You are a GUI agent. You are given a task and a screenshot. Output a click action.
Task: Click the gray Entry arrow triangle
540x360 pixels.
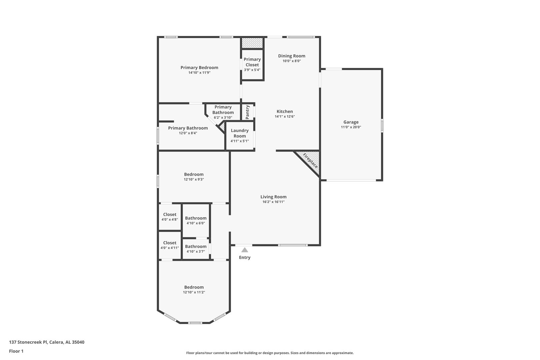[x=245, y=250]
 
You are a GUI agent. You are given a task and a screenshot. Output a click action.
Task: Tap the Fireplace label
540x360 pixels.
[x=311, y=161]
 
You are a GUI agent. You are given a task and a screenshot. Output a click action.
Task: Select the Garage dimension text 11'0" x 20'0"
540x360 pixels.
[x=351, y=127]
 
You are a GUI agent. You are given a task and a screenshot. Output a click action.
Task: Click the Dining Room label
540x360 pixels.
[x=292, y=56]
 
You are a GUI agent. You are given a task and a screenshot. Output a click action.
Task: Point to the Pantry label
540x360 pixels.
[x=247, y=112]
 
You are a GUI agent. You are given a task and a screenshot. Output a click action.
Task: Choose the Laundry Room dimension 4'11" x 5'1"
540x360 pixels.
[x=240, y=141]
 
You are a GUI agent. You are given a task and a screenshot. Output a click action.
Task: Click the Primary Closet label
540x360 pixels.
[x=252, y=62]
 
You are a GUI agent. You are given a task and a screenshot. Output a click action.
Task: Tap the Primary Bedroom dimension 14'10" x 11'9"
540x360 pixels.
[x=199, y=73]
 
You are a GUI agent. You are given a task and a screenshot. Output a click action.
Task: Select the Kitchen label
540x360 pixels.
[x=285, y=111]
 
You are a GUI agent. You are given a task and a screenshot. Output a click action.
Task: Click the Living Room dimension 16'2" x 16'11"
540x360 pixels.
[x=273, y=202]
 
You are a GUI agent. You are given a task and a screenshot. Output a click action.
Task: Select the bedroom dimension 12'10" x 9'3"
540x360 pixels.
[x=194, y=179]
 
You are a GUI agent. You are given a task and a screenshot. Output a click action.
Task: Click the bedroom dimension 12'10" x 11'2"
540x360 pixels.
[x=194, y=292]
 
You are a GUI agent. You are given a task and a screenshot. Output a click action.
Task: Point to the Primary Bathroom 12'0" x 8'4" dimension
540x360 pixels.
[x=188, y=133]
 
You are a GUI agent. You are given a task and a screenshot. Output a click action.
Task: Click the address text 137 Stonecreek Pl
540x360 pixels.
[x=28, y=342]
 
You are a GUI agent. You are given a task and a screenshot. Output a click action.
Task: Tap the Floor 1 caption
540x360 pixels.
[x=16, y=351]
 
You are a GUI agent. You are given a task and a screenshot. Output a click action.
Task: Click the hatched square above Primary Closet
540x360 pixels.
[x=252, y=43]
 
